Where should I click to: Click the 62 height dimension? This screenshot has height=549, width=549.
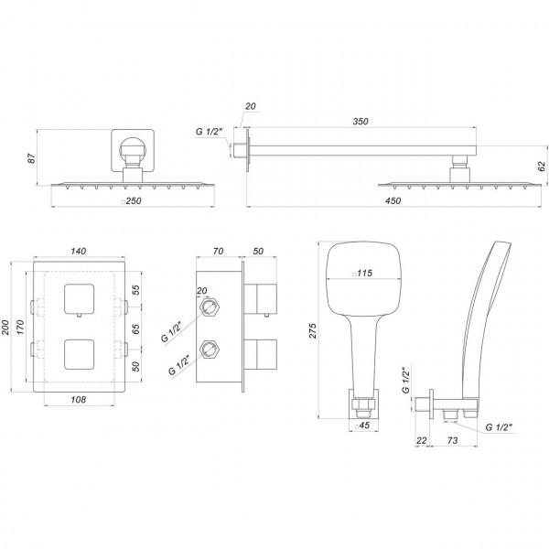pos(542,167)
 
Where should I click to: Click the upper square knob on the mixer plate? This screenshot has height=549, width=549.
pos(78,299)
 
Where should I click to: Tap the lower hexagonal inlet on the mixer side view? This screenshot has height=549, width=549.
pos(210,348)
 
